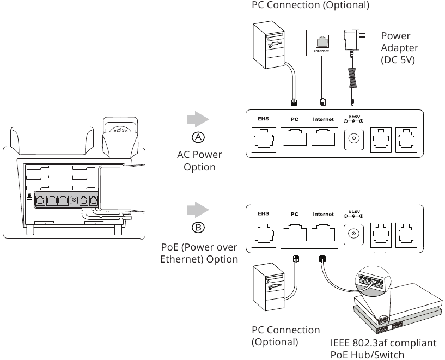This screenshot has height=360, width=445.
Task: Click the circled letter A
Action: click(x=199, y=136)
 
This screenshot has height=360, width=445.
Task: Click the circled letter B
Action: click(x=199, y=227)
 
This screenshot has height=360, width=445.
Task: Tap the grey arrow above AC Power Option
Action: click(x=198, y=120)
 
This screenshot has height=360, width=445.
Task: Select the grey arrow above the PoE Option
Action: click(x=198, y=210)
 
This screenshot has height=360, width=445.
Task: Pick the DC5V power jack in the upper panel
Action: click(x=354, y=139)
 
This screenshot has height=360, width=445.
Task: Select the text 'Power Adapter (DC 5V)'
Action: click(x=399, y=48)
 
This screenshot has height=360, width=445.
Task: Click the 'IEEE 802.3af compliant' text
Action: click(x=383, y=343)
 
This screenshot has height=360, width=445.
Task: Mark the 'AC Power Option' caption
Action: click(x=199, y=161)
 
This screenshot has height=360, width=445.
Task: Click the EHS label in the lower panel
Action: click(x=263, y=214)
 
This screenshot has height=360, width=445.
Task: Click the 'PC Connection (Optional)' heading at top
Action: click(x=310, y=5)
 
